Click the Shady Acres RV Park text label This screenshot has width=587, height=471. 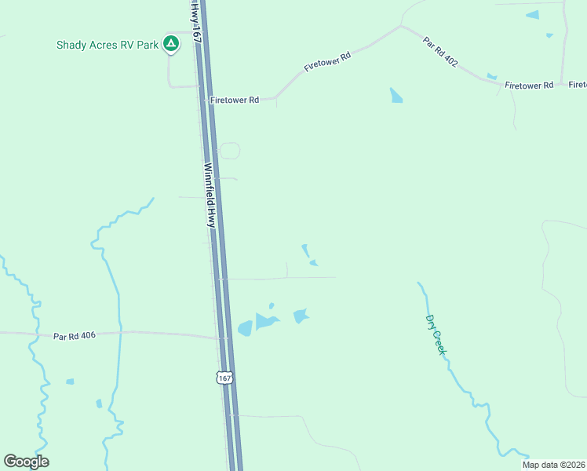(x=107, y=44)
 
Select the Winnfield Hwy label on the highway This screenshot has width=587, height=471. (x=210, y=195)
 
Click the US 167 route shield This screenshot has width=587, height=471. (x=224, y=378)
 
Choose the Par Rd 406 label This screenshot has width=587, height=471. (x=75, y=336)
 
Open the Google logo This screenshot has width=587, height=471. (x=26, y=462)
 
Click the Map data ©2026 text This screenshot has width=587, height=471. (x=553, y=465)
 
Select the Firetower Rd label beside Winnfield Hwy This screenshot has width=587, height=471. (x=234, y=100)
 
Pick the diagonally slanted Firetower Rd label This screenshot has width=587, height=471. (x=326, y=63)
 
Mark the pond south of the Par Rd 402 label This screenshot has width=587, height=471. (x=396, y=96)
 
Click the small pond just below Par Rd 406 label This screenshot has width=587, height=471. (x=70, y=382)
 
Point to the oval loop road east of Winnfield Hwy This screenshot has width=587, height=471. (x=229, y=151)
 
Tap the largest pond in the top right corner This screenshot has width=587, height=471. (x=533, y=15)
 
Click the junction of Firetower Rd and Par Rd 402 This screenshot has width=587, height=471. (x=401, y=26)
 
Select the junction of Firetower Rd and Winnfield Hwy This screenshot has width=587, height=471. (x=203, y=100)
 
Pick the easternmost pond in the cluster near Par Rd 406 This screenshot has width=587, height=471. (x=300, y=316)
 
